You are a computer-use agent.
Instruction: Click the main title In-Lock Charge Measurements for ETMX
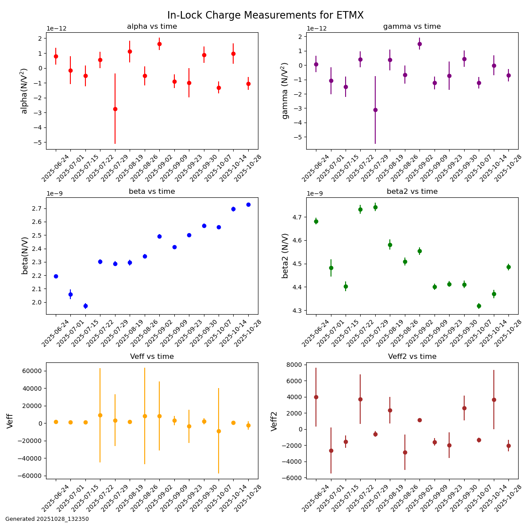tap(265, 15)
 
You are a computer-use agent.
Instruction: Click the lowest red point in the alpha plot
tap(115, 109)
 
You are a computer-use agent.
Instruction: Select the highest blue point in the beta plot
tap(248, 204)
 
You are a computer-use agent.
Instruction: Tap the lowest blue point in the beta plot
tap(85, 306)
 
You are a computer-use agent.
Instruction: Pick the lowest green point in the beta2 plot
tap(479, 306)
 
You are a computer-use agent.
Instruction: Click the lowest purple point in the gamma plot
tap(375, 110)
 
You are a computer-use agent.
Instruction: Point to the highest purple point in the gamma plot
tap(419, 44)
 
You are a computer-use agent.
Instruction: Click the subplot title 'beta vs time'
tap(152, 192)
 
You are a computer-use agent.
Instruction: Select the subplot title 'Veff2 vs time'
tap(412, 357)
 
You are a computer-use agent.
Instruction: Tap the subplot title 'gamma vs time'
tap(412, 27)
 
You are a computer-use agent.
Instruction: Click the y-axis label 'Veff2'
tap(274, 421)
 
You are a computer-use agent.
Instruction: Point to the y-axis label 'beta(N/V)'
tap(25, 256)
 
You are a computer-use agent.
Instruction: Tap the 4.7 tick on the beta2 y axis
tap(298, 217)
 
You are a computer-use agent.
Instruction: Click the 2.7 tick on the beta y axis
tap(38, 208)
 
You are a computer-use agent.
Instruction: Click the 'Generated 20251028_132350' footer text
tap(47, 519)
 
